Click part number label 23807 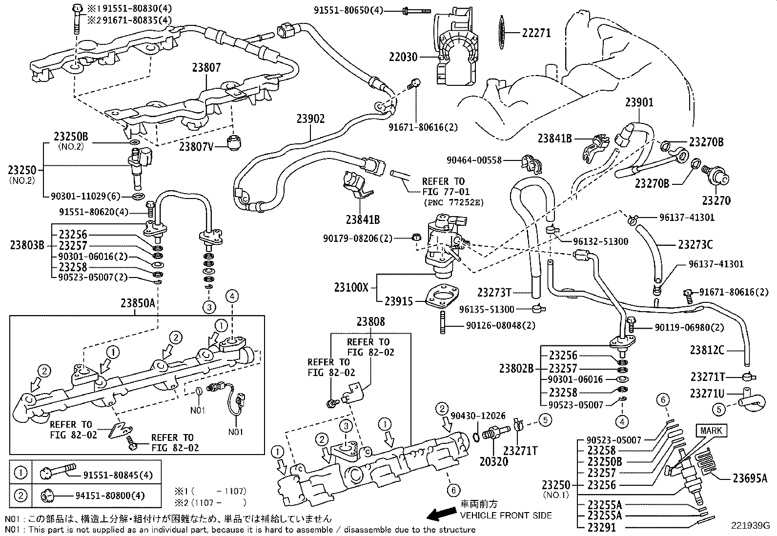pos(206,68)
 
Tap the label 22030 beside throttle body pos(403,57)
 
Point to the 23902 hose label pos(310,119)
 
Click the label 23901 pos(639,102)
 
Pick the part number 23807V pos(196,146)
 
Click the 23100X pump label pos(351,287)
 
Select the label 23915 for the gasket pos(398,301)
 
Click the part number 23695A pos(750,478)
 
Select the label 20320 pos(494,461)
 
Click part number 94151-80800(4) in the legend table pos(110,496)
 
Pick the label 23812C pos(707,350)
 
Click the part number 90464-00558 pos(474,160)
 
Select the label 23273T pos(494,293)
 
